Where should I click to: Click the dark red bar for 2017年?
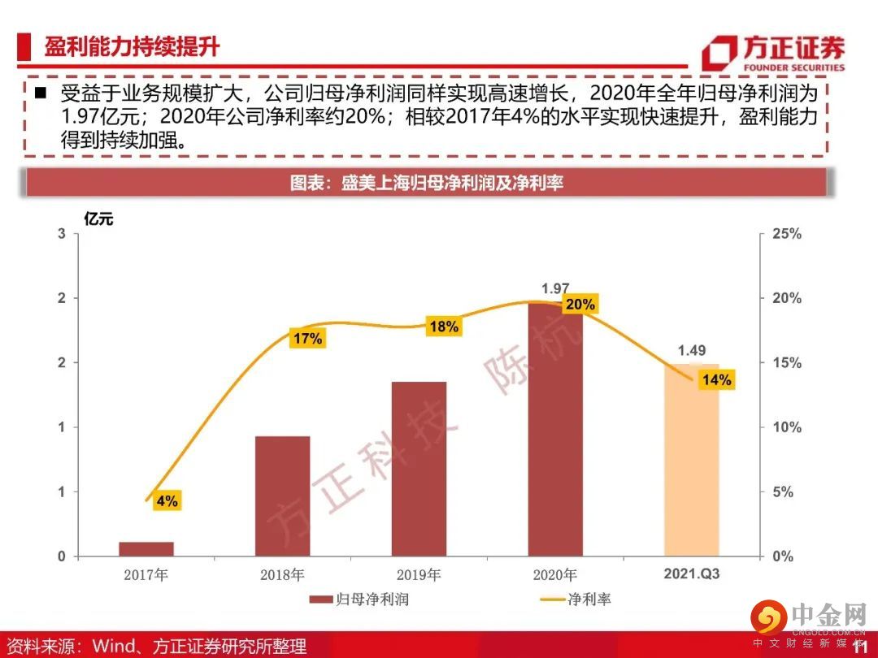click(x=146, y=548)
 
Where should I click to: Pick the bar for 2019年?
click(x=419, y=469)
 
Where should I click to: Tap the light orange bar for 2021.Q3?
click(x=692, y=460)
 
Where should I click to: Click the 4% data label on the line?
click(x=167, y=501)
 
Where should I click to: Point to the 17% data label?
click(x=307, y=339)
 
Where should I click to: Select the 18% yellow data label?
click(x=443, y=327)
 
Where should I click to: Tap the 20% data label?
click(x=580, y=305)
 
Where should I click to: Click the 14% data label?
click(x=716, y=379)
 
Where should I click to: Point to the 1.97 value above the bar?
click(x=555, y=288)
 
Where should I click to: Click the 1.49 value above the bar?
click(x=692, y=351)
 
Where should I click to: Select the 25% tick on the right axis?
click(x=786, y=234)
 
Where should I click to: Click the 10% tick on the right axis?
click(x=786, y=427)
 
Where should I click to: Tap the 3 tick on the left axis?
click(x=61, y=234)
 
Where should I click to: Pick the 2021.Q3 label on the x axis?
click(x=692, y=574)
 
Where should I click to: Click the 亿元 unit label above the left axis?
click(x=99, y=217)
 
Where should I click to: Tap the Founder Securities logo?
click(x=773, y=53)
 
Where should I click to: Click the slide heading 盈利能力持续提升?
click(x=132, y=46)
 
